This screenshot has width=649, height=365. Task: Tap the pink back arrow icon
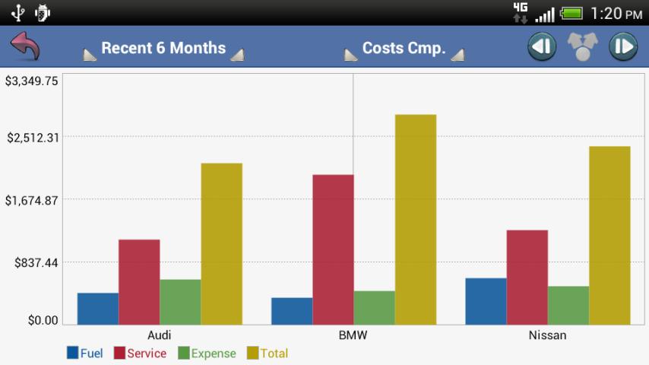[x=24, y=47]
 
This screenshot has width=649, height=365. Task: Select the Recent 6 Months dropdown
[x=163, y=48]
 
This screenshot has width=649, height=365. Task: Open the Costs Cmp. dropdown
[x=404, y=48]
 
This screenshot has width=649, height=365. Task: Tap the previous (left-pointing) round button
[x=543, y=47]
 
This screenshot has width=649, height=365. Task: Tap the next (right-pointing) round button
[x=622, y=47]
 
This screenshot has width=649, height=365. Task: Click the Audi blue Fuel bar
[x=98, y=309]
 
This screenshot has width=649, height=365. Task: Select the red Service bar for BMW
[x=333, y=249]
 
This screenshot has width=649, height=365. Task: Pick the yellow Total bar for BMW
[x=416, y=220]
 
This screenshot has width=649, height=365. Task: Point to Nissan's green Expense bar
[x=568, y=305]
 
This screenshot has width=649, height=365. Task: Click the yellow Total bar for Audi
[x=221, y=243]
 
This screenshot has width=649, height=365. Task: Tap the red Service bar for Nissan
[x=527, y=277]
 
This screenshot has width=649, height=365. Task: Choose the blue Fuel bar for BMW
[x=292, y=311]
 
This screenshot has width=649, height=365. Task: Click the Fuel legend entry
[x=84, y=353]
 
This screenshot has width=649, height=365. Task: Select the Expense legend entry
[x=207, y=353]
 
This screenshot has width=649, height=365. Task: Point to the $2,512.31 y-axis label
[x=33, y=138]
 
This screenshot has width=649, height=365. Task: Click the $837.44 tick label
[x=36, y=263]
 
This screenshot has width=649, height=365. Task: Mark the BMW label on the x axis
[x=353, y=335]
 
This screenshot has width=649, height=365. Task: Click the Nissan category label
[x=547, y=335]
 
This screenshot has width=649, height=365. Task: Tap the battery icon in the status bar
[x=571, y=13]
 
